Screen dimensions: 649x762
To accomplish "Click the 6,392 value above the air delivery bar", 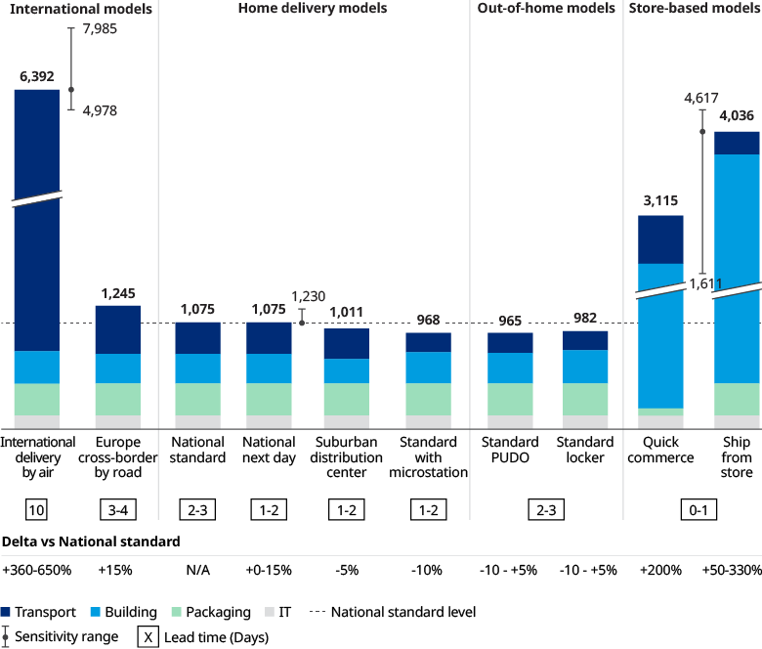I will click(x=36, y=74).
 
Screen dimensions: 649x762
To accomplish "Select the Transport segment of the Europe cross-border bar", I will click(x=117, y=328).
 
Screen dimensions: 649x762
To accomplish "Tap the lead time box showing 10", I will click(x=36, y=509).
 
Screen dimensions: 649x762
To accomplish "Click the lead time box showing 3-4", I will click(x=117, y=509).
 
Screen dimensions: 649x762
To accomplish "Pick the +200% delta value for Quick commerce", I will click(x=660, y=570).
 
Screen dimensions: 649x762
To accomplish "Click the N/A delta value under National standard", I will click(x=197, y=570).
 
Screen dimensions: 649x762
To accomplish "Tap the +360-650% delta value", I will click(x=37, y=570).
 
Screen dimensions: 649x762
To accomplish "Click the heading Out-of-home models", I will click(x=546, y=9).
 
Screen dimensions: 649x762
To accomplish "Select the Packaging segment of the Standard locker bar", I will click(x=584, y=399).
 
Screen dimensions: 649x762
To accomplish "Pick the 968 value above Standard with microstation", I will click(x=429, y=319).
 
